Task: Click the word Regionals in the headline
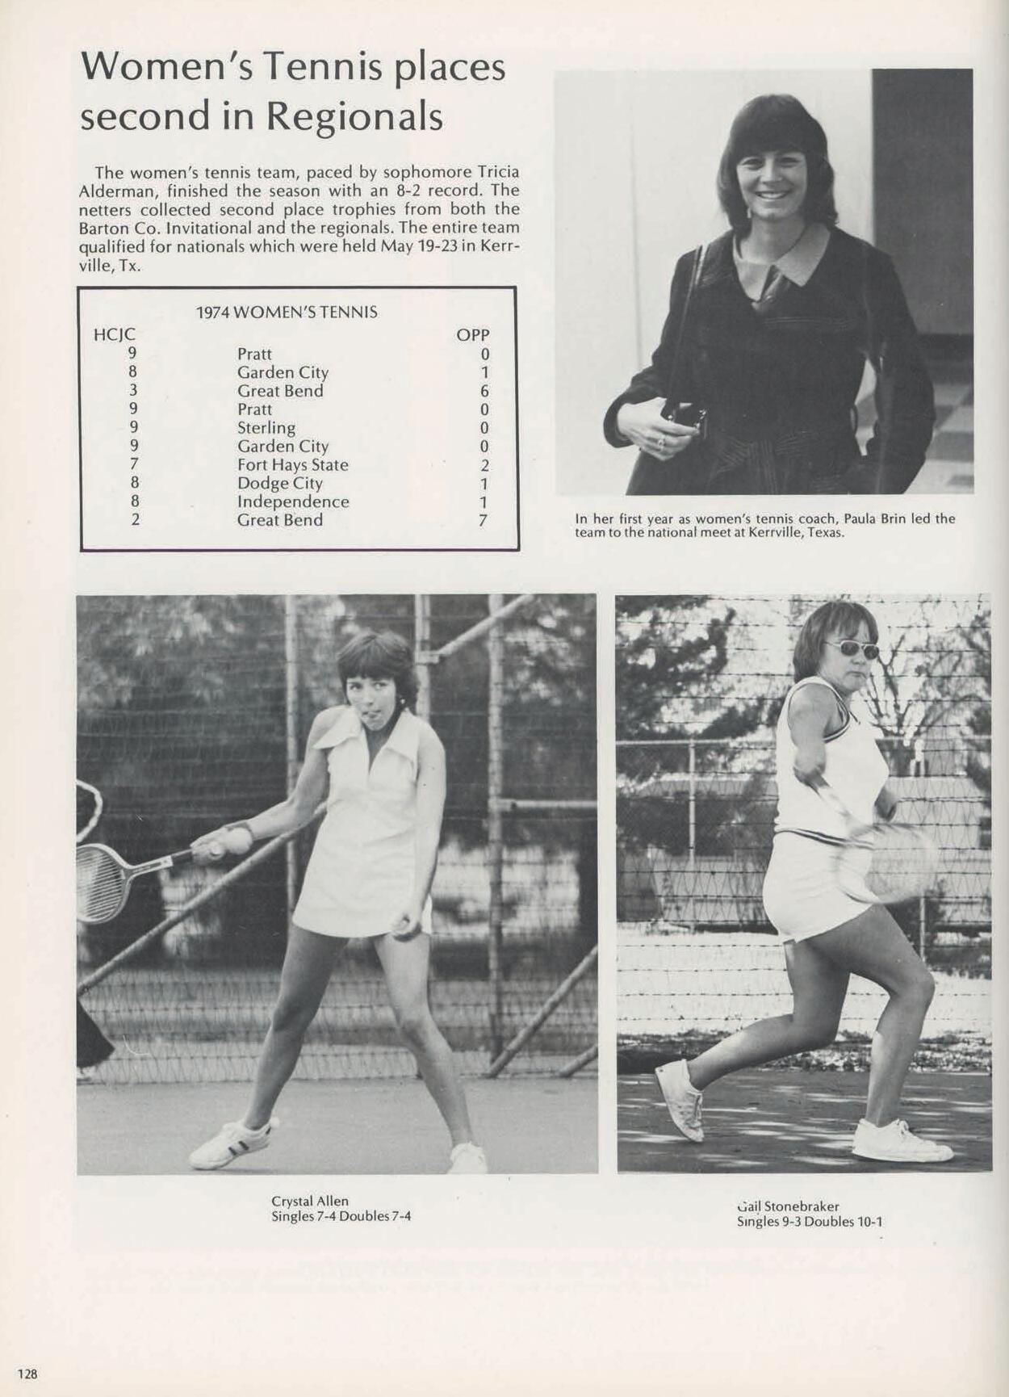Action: click(354, 116)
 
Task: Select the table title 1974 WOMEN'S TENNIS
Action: click(287, 313)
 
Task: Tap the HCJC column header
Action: click(115, 334)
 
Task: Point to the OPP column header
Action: click(473, 334)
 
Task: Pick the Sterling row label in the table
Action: click(266, 428)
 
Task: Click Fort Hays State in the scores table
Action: click(293, 465)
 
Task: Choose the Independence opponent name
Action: click(293, 501)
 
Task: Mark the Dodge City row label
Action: click(280, 483)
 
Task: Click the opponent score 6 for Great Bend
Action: click(484, 391)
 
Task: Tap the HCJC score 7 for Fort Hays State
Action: click(134, 464)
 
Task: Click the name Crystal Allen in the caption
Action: click(310, 1201)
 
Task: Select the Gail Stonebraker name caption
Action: click(788, 1206)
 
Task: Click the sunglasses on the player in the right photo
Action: click(856, 648)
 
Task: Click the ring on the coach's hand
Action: click(660, 441)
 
